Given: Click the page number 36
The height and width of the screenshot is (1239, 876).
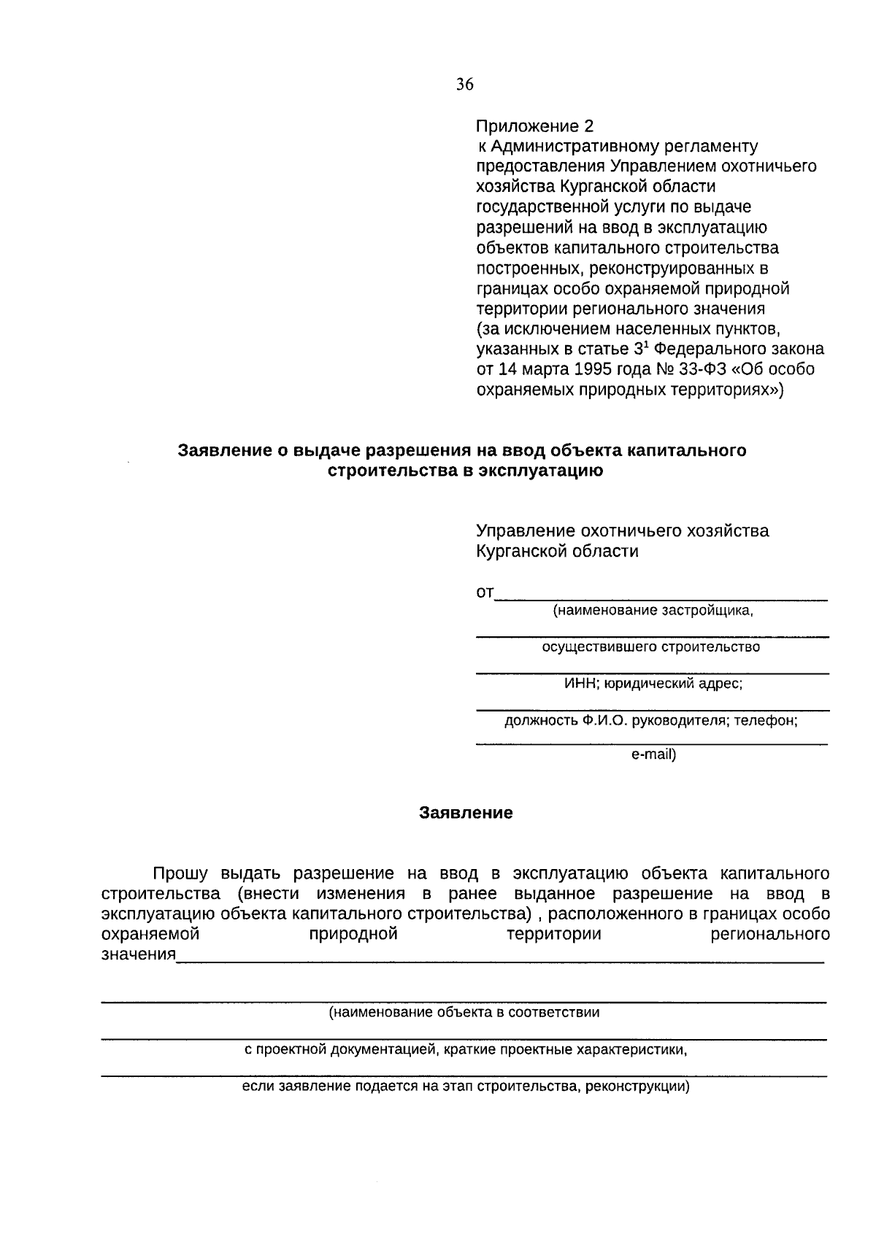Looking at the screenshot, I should [465, 85].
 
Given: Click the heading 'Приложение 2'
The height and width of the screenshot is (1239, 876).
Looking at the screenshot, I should [535, 126].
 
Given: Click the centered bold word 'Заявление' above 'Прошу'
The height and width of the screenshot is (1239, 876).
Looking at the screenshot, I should [466, 813].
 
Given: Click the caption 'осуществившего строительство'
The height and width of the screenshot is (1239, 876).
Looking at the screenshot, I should [650, 647].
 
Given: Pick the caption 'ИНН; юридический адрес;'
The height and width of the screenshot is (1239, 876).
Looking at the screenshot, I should [653, 684].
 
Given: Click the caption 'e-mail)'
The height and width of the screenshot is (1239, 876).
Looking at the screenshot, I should [653, 754].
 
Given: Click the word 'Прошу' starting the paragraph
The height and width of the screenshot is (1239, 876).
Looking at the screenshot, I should [180, 873].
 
